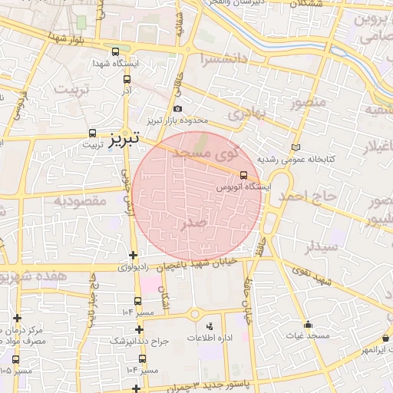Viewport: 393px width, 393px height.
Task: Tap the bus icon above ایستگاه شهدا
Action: (115, 52)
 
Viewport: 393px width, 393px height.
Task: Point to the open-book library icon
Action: (297, 147)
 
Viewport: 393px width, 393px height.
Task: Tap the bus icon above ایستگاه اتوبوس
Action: (243, 175)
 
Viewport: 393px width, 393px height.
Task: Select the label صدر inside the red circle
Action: (193, 223)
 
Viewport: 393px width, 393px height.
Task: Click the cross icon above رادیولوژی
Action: (134, 255)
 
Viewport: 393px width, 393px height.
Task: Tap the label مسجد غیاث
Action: (308, 336)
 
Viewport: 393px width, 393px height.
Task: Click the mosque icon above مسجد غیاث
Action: (308, 324)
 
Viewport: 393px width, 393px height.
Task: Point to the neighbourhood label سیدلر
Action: (321, 248)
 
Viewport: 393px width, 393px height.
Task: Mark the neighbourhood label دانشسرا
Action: (224, 58)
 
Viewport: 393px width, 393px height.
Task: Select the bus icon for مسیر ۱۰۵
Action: (16, 358)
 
